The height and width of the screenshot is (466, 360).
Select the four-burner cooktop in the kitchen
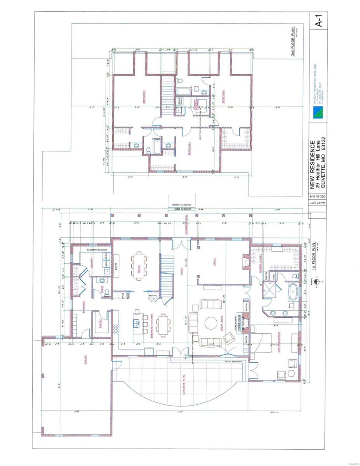(x=116, y=330)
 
